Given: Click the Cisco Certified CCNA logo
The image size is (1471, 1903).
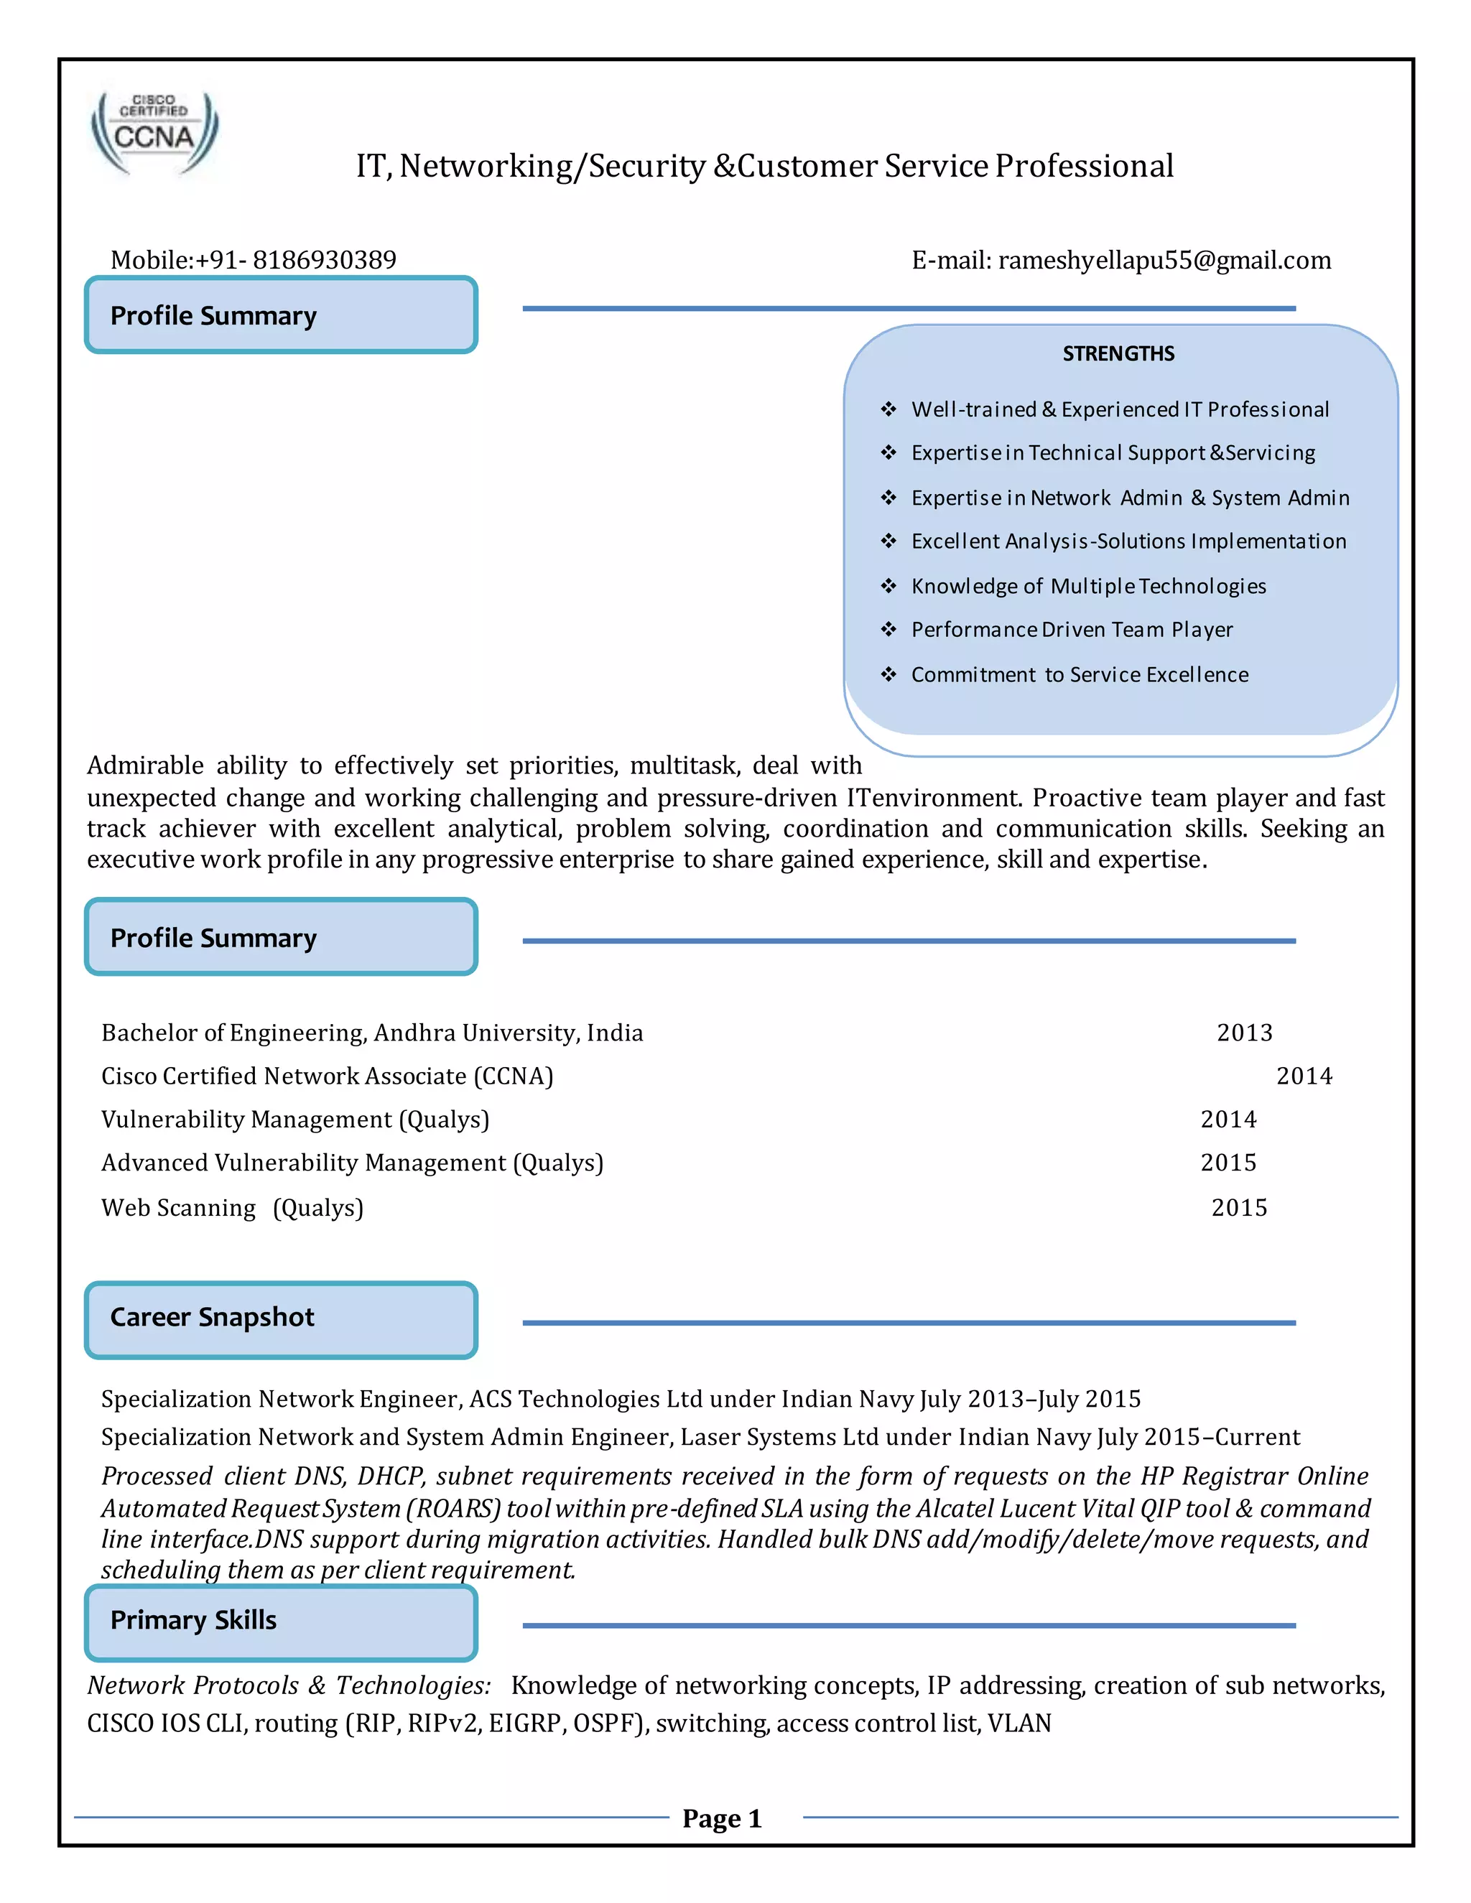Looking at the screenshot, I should pos(154,134).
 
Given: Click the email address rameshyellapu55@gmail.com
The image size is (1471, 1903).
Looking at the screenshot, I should pos(1164,260).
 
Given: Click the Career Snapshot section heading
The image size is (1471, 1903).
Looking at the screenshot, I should pos(212,1316).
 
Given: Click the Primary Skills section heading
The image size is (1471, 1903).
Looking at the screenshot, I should pos(192,1620).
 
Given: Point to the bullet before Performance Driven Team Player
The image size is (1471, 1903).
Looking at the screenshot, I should pos(888,629).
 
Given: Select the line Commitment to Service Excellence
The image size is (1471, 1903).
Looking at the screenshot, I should pos(1080,674).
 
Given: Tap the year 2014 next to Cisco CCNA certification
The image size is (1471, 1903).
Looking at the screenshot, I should pos(1304,1076).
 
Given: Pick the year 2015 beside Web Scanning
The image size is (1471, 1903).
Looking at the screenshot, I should pos(1238,1208).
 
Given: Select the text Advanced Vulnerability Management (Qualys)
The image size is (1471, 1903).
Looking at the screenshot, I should pos(352,1163).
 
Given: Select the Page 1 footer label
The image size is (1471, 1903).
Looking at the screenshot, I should pos(722,1818).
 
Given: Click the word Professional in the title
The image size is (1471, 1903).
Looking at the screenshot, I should pos(1084,166).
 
